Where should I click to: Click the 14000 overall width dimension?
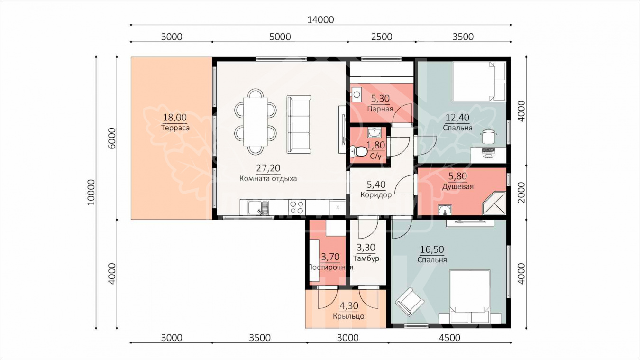tap(320, 20)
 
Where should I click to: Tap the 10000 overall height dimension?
tap(91, 192)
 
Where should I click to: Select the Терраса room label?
tap(175, 128)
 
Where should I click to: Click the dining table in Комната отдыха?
tap(256, 122)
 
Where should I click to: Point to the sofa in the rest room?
tap(299, 124)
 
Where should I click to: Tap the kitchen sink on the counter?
tap(58, 208)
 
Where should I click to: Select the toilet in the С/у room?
tap(358, 151)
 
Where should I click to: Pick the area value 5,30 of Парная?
tap(380, 99)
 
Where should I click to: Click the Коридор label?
tap(376, 195)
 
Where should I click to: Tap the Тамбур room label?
tap(366, 258)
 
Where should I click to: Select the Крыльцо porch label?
tap(348, 316)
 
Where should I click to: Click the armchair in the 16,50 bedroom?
tap(409, 302)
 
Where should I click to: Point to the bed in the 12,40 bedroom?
tap(479, 82)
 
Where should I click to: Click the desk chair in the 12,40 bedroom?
tap(488, 136)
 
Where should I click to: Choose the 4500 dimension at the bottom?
tap(449, 338)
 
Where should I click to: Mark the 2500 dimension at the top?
tap(382, 37)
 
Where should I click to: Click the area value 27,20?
tap(268, 168)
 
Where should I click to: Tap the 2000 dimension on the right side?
tap(521, 193)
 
